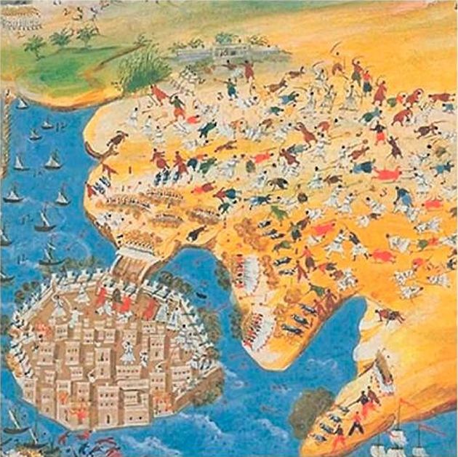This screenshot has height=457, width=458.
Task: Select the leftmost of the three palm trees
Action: coord(33,46)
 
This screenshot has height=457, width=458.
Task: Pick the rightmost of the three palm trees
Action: coord(87,33)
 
